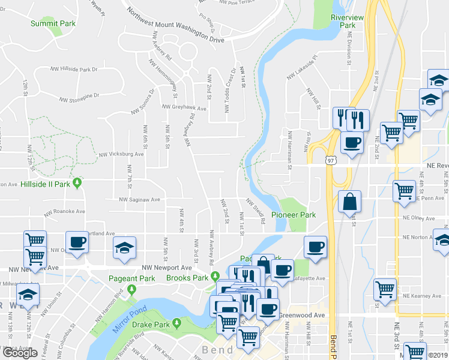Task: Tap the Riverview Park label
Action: pos(347,22)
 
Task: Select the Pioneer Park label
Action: pos(293,214)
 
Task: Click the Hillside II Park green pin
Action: pos(77,183)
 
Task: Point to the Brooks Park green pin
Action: pos(215,277)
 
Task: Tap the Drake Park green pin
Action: pos(176,323)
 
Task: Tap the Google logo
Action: pos(20,353)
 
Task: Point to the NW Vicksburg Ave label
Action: pos(122,154)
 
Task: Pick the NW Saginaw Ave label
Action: pos(139,199)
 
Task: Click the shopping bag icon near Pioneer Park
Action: pos(349,202)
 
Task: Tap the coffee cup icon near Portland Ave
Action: pos(76,242)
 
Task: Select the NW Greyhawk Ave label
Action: pos(184,108)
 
